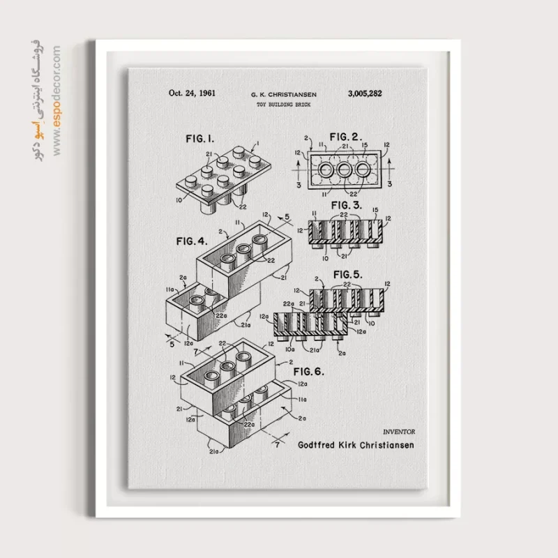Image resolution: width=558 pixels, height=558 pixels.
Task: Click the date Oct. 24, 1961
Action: click(192, 93)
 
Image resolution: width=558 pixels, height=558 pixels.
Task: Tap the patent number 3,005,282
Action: click(365, 93)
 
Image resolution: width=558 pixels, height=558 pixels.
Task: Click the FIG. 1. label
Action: click(200, 139)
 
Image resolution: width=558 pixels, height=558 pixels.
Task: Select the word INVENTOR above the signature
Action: click(398, 433)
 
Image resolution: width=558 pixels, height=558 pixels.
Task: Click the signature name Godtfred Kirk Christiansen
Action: click(356, 445)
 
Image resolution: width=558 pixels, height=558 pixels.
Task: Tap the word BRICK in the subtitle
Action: click(301, 104)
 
